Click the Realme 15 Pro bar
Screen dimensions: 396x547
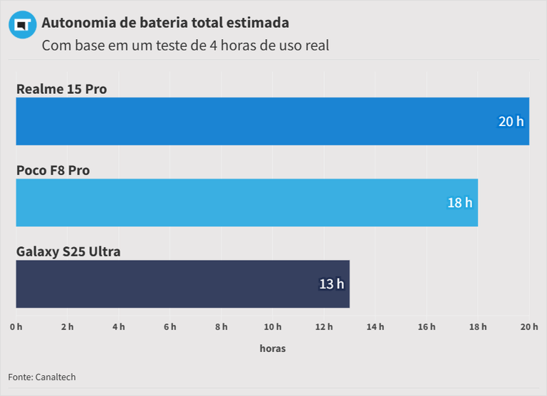(x=272, y=121)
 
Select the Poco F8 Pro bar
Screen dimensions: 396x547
(x=246, y=202)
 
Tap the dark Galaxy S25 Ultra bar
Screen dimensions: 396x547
(x=182, y=283)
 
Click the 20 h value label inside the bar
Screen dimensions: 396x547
(x=511, y=122)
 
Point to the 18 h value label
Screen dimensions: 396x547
(x=459, y=203)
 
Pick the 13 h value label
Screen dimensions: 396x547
(x=331, y=284)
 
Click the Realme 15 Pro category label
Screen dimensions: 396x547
(x=61, y=89)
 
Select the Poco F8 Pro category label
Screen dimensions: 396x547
(x=53, y=170)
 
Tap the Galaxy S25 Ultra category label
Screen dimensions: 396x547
(x=68, y=251)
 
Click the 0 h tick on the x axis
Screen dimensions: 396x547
(x=16, y=327)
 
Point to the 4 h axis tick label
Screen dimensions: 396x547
(x=118, y=327)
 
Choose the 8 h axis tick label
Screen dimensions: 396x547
(x=221, y=327)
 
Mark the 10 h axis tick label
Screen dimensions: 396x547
(x=272, y=327)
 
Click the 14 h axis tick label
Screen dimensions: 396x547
(x=375, y=327)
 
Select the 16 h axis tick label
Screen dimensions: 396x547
(x=427, y=327)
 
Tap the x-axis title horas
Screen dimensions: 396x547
(x=272, y=348)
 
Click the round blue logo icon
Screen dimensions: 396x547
(x=22, y=25)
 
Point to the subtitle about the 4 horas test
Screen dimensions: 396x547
(x=185, y=46)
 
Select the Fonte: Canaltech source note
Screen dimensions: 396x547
(x=42, y=377)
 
